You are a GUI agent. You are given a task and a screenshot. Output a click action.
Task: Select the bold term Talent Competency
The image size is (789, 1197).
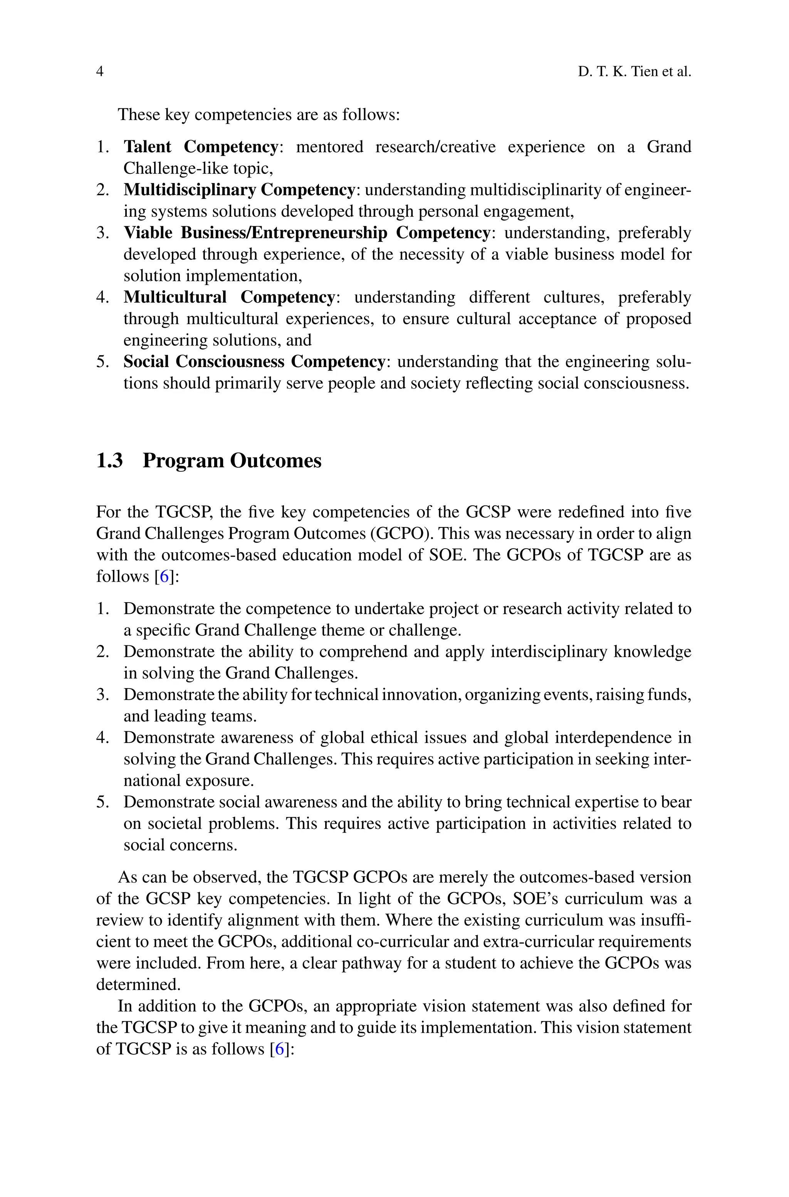[201, 146]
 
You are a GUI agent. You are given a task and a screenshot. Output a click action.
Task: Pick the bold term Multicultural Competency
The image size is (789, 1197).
[229, 297]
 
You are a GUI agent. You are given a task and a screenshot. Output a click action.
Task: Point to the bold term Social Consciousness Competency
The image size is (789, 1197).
[255, 362]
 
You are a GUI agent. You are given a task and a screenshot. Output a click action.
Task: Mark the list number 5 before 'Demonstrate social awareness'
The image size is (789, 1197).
[102, 802]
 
